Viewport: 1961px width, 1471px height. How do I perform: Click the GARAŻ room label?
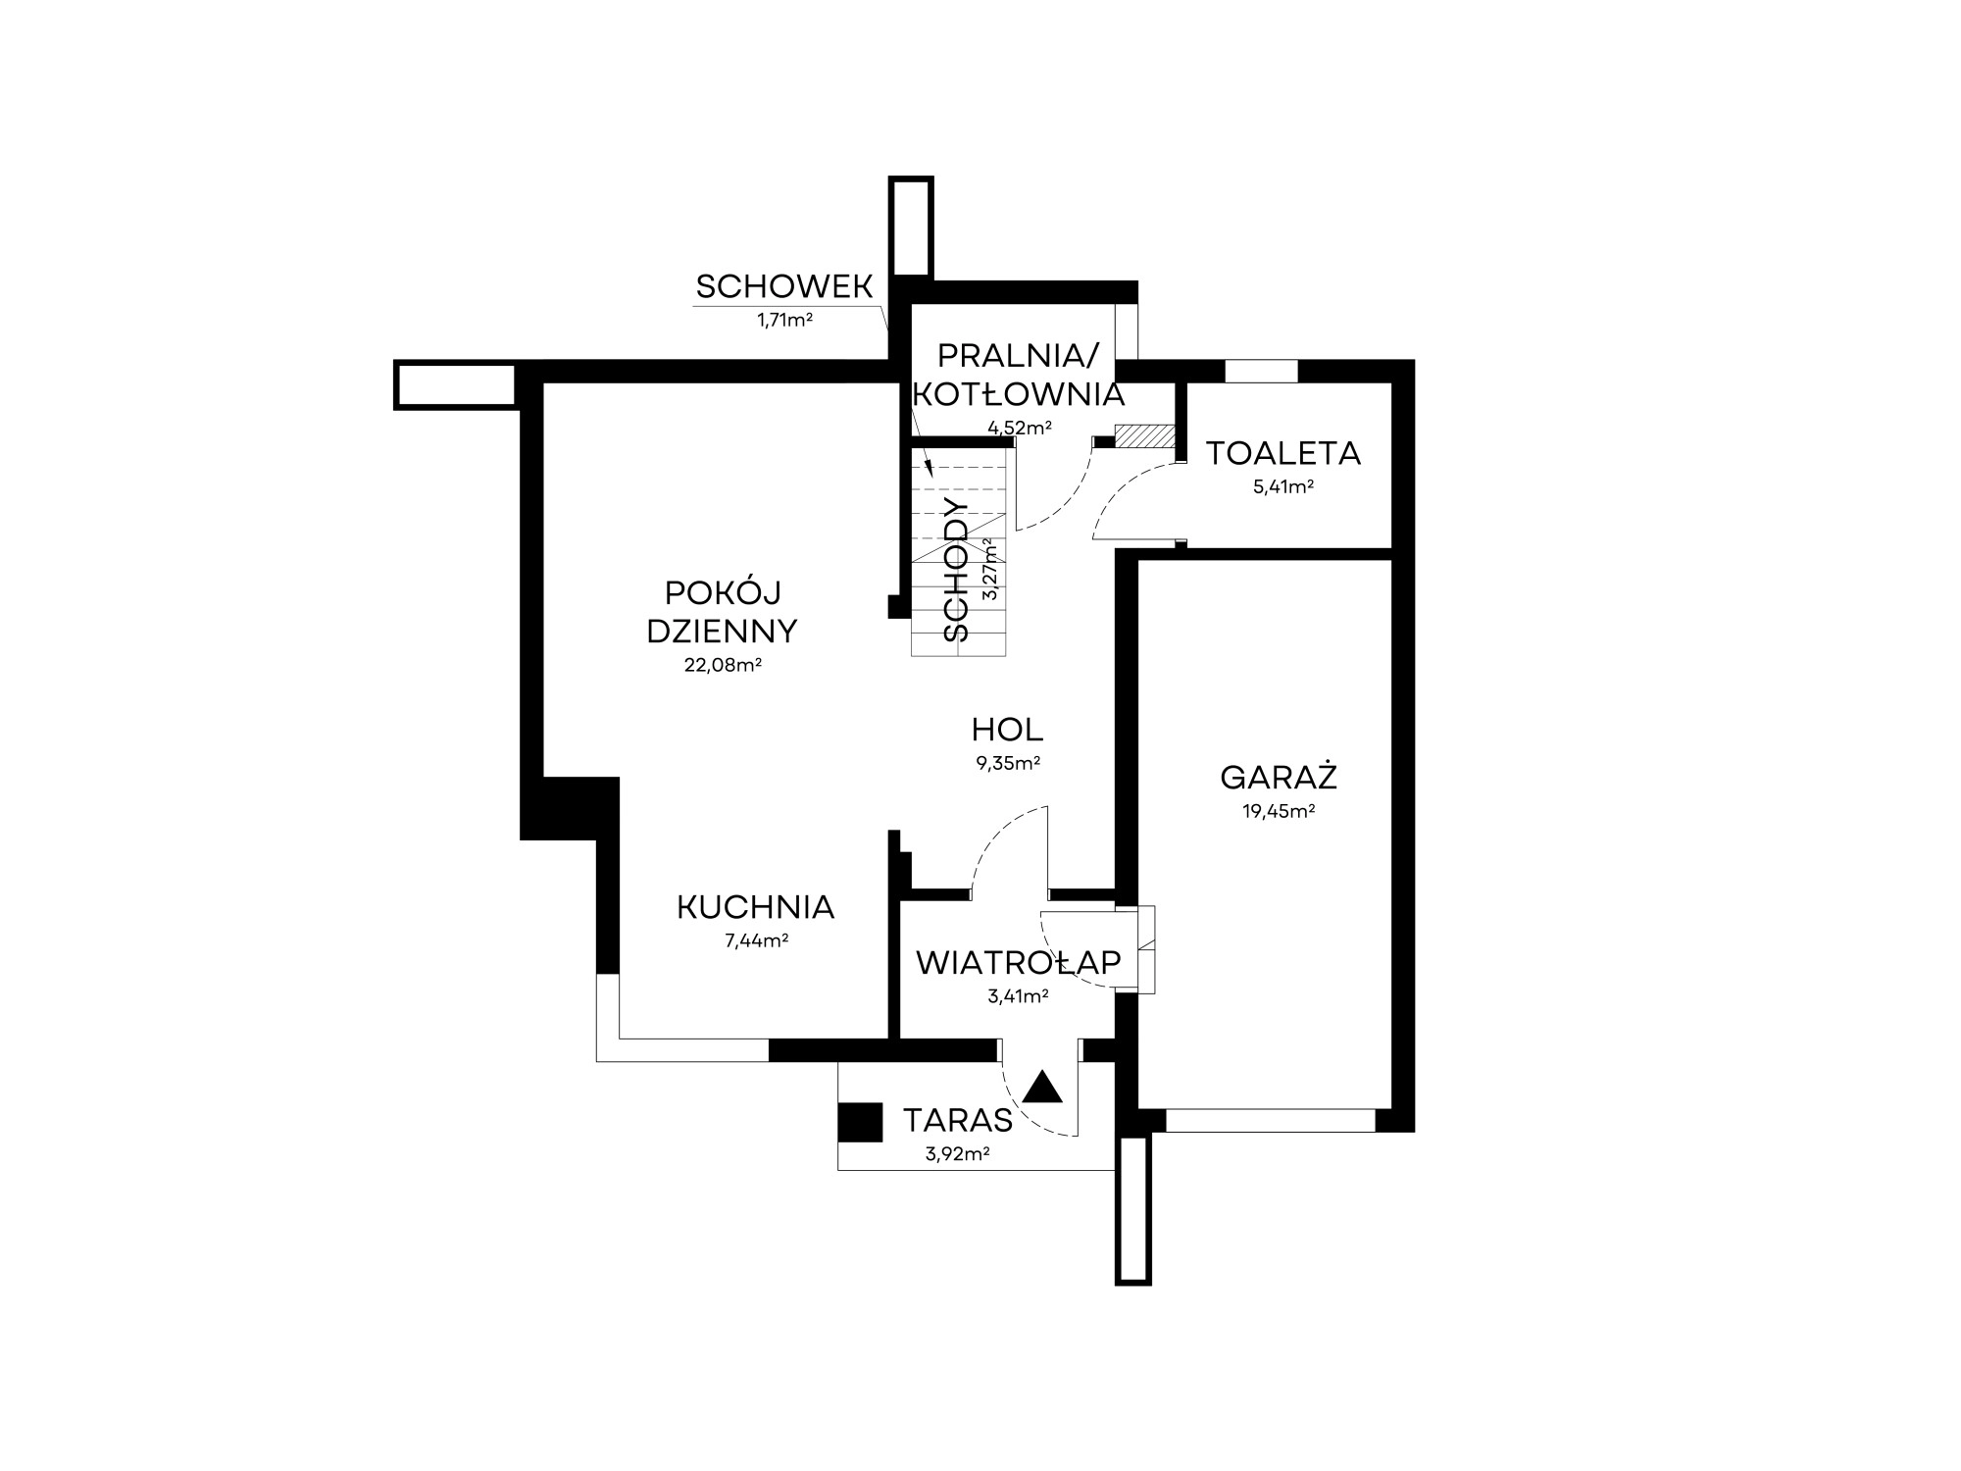pyautogui.click(x=1279, y=777)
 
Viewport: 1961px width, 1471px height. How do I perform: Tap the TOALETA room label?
pyautogui.click(x=1283, y=454)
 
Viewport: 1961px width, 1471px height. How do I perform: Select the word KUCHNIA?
pyautogui.click(x=756, y=908)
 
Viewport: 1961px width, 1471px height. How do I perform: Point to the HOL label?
pyautogui.click(x=1007, y=730)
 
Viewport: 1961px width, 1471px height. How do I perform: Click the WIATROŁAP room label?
pyautogui.click(x=1019, y=963)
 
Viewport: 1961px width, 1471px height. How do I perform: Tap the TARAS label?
pyautogui.click(x=958, y=1120)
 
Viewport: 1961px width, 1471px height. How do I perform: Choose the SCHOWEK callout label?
pyautogui.click(x=784, y=286)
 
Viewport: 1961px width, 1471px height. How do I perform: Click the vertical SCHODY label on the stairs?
pyautogui.click(x=957, y=571)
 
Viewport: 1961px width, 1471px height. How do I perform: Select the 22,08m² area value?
pyautogui.click(x=724, y=665)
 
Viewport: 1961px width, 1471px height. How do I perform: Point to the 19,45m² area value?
pyautogui.click(x=1279, y=812)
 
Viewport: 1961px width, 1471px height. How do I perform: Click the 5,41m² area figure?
pyautogui.click(x=1283, y=486)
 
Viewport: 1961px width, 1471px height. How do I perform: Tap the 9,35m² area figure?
pyautogui.click(x=1008, y=763)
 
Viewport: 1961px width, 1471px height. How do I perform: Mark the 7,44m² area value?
pyautogui.click(x=757, y=941)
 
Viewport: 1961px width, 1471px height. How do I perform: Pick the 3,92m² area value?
pyautogui.click(x=958, y=1154)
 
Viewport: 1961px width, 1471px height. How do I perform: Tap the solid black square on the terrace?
pyautogui.click(x=860, y=1123)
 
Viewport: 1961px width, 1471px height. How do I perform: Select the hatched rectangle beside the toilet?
pyautogui.click(x=1145, y=436)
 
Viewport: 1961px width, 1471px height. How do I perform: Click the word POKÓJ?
pyautogui.click(x=723, y=592)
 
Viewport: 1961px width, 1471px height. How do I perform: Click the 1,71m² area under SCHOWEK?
pyautogui.click(x=784, y=320)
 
